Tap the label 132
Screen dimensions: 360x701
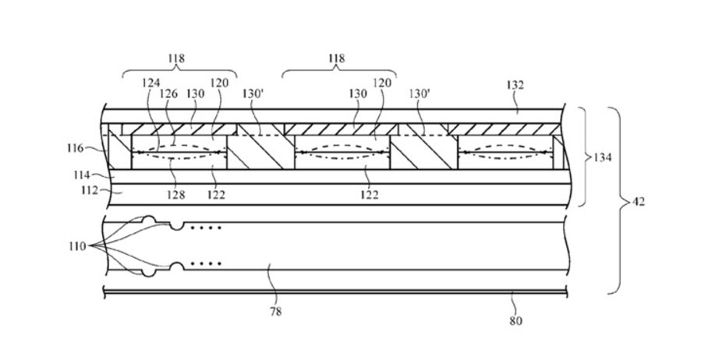[515, 85]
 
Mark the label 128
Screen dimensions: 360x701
[176, 195]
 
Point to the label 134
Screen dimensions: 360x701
[603, 157]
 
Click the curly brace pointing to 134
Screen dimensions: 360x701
[583, 157]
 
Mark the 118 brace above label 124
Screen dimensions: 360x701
[179, 71]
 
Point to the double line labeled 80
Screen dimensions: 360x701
[335, 294]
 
